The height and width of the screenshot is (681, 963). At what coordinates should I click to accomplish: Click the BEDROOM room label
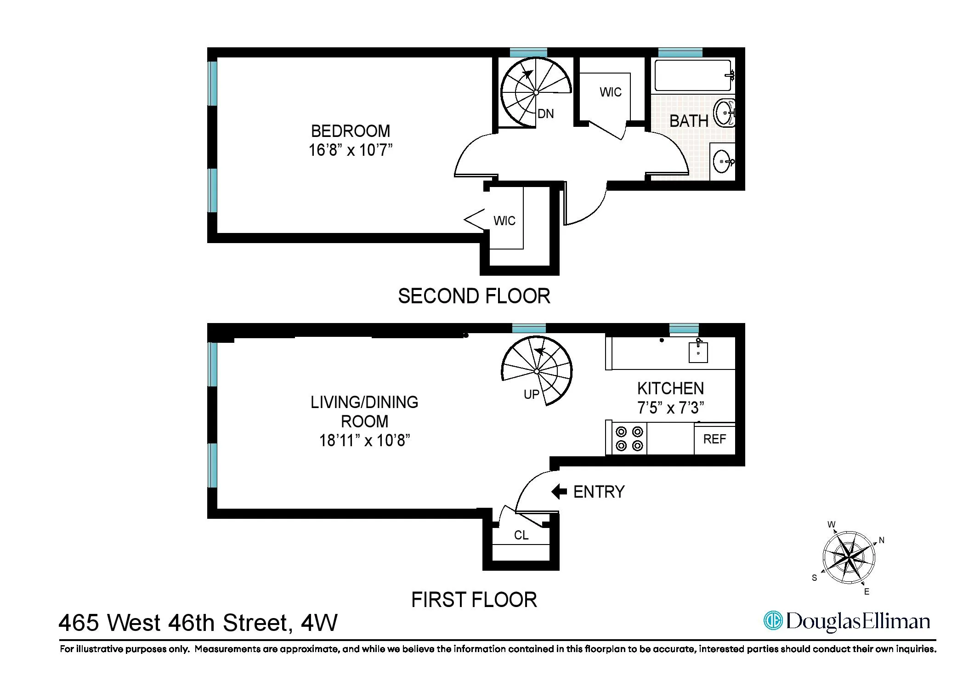pos(351,131)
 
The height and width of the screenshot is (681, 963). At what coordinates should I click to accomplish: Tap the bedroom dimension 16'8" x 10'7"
pos(351,150)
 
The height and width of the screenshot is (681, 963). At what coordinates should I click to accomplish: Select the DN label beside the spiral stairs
pos(545,114)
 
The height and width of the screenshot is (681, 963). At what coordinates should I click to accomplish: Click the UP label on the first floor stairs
pos(532,394)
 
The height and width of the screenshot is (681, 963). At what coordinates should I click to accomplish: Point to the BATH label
pos(688,121)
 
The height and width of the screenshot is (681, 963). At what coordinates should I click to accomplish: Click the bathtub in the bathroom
pos(693,76)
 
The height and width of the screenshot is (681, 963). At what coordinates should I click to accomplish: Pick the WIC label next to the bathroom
pos(610,92)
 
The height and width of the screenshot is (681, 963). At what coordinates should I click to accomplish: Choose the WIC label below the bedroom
pos(504,221)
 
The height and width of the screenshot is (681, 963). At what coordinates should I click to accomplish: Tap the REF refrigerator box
pos(714,439)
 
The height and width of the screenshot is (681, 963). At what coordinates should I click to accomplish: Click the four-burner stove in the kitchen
pos(629,439)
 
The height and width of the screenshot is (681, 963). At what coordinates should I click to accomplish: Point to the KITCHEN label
pos(670,389)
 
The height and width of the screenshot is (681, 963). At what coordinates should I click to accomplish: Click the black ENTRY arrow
pos(559,492)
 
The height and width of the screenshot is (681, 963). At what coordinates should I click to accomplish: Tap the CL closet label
pos(521,535)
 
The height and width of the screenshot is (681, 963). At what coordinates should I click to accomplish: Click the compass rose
pos(849,557)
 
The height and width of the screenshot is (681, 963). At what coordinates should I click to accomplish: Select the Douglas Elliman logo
pos(847,621)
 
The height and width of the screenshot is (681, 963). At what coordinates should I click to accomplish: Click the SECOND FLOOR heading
pos(474,296)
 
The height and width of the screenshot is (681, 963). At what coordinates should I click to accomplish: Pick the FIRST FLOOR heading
pos(474,600)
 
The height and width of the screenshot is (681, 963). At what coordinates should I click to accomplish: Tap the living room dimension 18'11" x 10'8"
pos(364,441)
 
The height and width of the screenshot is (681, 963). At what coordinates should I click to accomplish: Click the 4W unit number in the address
pos(319,623)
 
